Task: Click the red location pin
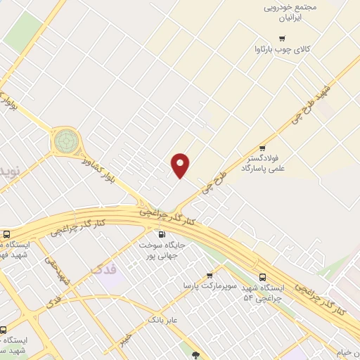[181, 165]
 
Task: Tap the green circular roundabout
[66, 140]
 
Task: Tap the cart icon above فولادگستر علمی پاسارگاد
[262, 148]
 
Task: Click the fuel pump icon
[162, 235]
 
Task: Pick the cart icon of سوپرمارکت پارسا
[210, 275]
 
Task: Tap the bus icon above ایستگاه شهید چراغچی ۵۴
[262, 277]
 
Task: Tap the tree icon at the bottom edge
[196, 356]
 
